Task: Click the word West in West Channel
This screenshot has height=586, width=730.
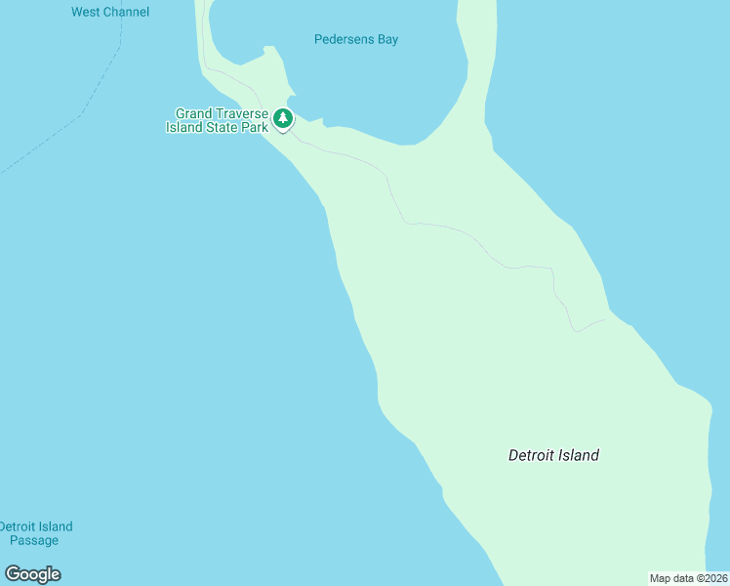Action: click(87, 13)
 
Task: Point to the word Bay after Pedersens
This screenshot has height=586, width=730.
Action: click(387, 40)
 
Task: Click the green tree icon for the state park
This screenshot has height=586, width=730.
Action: click(283, 119)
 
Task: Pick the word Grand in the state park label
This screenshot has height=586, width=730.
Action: click(193, 114)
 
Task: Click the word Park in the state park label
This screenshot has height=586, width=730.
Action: click(254, 128)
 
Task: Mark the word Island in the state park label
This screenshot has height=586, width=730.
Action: click(183, 128)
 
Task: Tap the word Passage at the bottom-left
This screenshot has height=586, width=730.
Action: click(34, 540)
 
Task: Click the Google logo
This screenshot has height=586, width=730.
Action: click(33, 574)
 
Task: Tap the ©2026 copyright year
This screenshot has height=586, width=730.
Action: click(712, 578)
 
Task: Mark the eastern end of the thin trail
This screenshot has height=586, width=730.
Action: click(604, 319)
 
